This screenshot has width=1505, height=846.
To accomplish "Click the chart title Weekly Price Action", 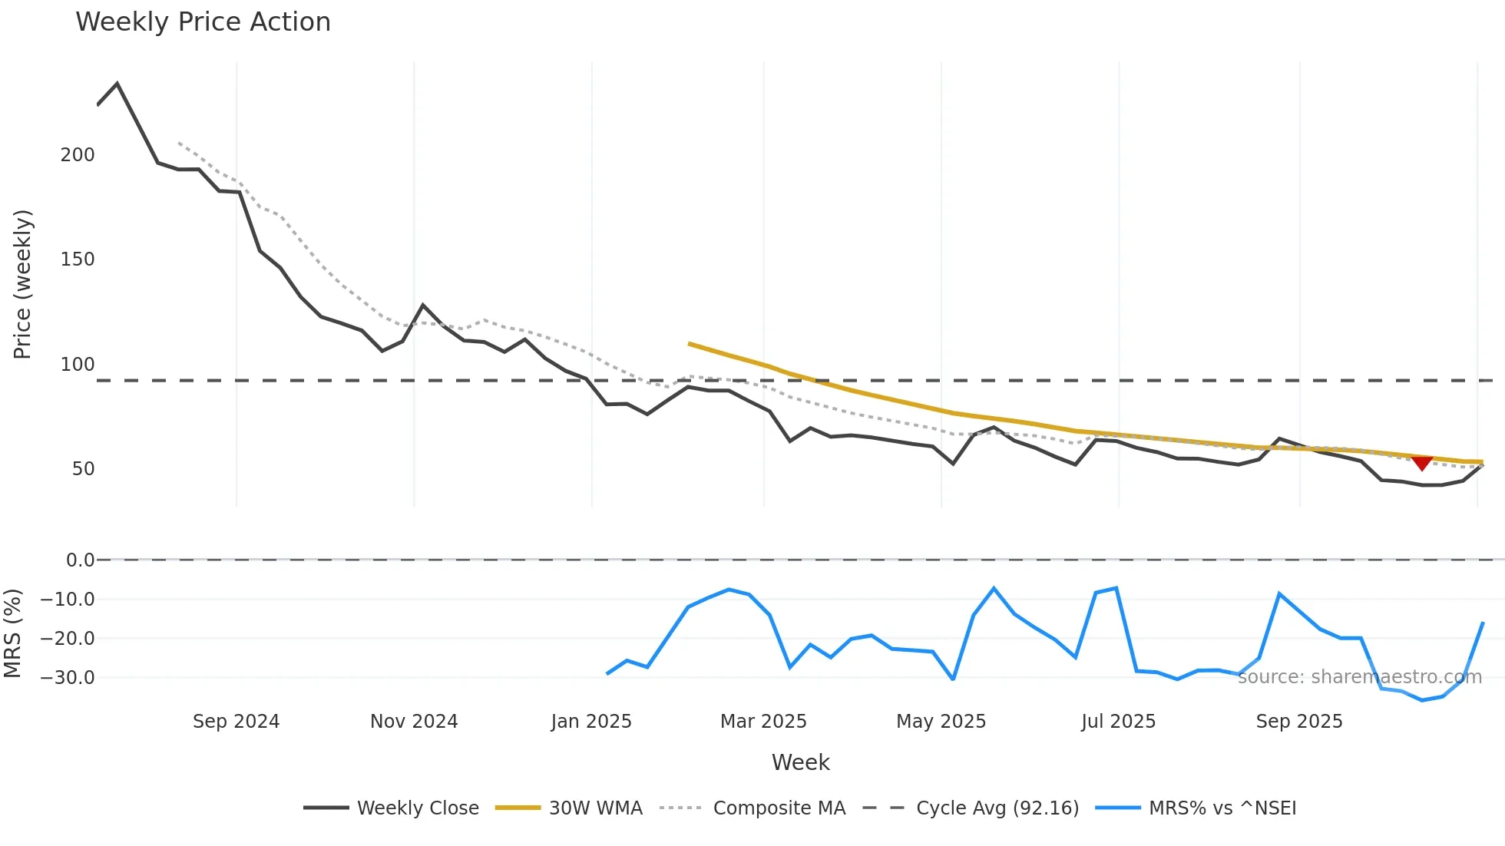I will pyautogui.click(x=203, y=22).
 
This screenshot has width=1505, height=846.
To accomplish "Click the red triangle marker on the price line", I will pyautogui.click(x=1422, y=463).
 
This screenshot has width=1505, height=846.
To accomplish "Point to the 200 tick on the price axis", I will pyautogui.click(x=78, y=155).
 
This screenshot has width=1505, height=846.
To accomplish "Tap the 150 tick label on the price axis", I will pyautogui.click(x=78, y=259).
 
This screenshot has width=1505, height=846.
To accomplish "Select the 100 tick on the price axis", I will pyautogui.click(x=78, y=365).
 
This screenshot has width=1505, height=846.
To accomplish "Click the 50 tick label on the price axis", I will pyautogui.click(x=83, y=469).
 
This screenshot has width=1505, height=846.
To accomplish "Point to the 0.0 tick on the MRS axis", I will pyautogui.click(x=80, y=560).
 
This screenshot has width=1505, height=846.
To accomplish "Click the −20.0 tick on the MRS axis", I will pyautogui.click(x=68, y=639).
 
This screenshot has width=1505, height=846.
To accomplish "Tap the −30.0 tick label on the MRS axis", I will pyautogui.click(x=68, y=678).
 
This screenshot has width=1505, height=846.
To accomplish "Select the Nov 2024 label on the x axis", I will pyautogui.click(x=414, y=722).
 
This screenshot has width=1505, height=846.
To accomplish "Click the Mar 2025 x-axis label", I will pyautogui.click(x=763, y=722).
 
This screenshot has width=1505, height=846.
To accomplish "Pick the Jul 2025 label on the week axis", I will pyautogui.click(x=1118, y=722).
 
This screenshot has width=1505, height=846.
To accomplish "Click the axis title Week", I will pyautogui.click(x=800, y=762).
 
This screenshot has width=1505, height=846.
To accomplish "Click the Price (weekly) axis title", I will pyautogui.click(x=22, y=284).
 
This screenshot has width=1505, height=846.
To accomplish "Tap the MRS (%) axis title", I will pyautogui.click(x=12, y=633).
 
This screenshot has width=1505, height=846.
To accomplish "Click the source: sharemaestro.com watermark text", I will pyautogui.click(x=1359, y=677).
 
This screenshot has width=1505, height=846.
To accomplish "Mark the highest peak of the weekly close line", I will pyautogui.click(x=117, y=84).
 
